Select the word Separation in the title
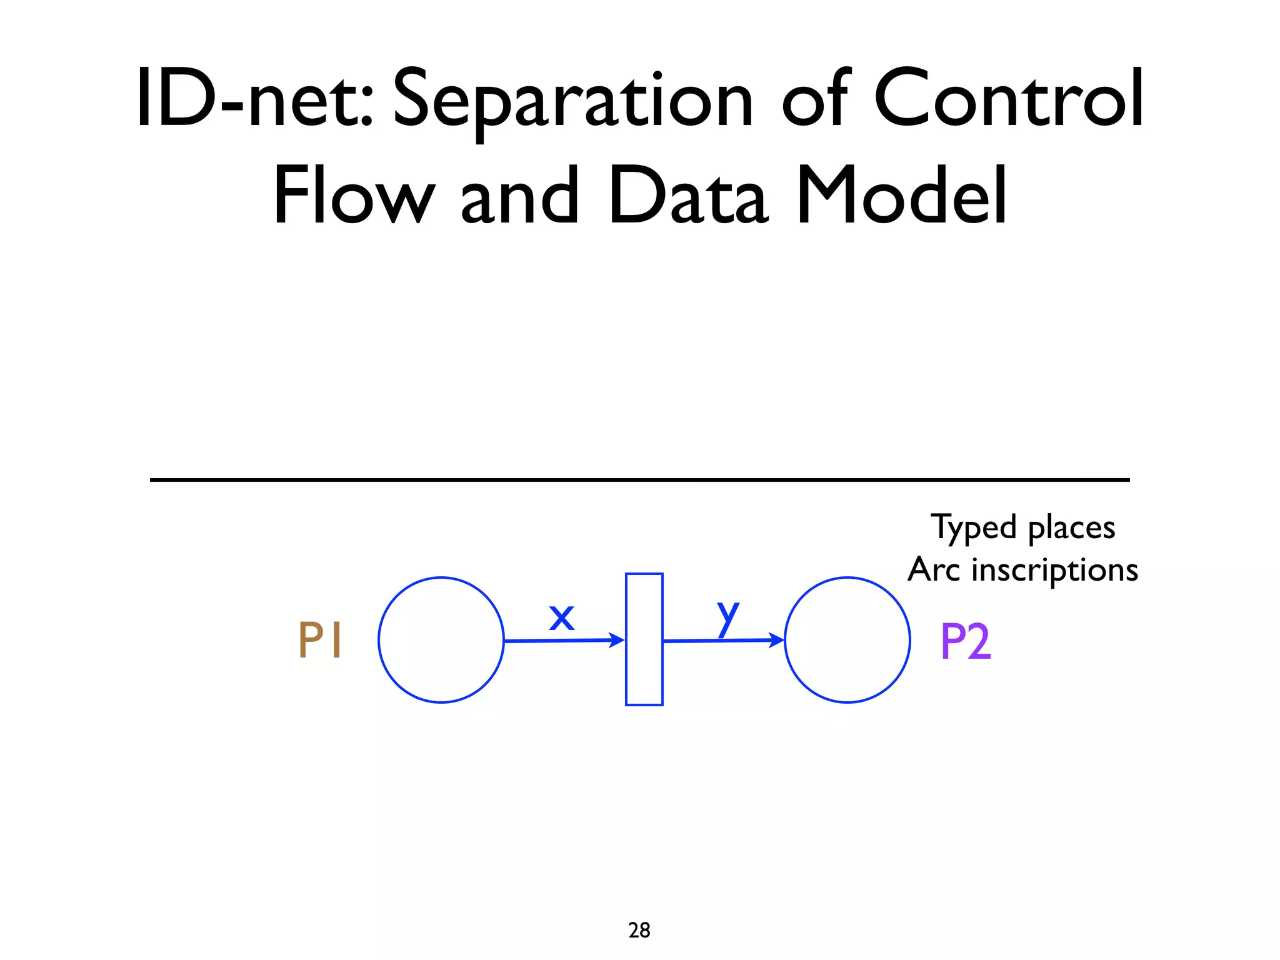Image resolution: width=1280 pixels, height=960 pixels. [x=572, y=100]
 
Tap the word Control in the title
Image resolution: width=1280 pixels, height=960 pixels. [x=1008, y=99]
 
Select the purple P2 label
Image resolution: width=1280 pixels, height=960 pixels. [x=966, y=641]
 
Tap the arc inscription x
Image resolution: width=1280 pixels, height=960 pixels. [x=561, y=617]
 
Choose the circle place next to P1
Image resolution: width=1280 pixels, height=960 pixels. [x=441, y=640]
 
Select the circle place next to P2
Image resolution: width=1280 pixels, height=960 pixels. [x=847, y=640]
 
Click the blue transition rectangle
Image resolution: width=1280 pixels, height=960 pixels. [x=644, y=639]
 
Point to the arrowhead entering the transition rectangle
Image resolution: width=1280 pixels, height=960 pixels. [x=618, y=640]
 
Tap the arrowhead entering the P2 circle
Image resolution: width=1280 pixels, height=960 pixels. [x=777, y=640]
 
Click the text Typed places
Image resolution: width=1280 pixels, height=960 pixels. [x=1023, y=527]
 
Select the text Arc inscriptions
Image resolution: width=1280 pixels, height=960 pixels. [x=1023, y=569]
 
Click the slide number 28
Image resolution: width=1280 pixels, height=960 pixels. [x=639, y=930]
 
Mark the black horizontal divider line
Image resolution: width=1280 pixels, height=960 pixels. [x=639, y=480]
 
